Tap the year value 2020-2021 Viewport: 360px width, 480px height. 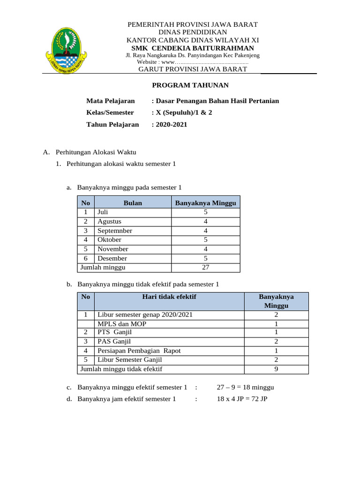click(169, 124)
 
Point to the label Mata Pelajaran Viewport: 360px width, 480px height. click(110, 101)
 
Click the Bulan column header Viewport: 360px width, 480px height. click(133, 203)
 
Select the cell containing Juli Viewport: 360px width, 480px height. click(103, 212)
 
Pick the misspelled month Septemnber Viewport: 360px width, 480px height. click(115, 231)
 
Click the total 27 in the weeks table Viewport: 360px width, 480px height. click(205, 267)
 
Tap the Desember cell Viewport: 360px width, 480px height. click(112, 258)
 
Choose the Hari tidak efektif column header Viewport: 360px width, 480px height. click(169, 297)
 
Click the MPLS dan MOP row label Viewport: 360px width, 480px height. click(118, 324)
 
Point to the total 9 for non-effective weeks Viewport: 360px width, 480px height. click(276, 369)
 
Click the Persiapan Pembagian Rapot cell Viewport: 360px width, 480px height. click(139, 351)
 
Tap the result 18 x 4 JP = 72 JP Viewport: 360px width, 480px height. click(241, 399)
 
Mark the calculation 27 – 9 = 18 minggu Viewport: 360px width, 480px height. click(245, 387)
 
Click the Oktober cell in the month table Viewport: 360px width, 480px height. click(109, 240)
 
